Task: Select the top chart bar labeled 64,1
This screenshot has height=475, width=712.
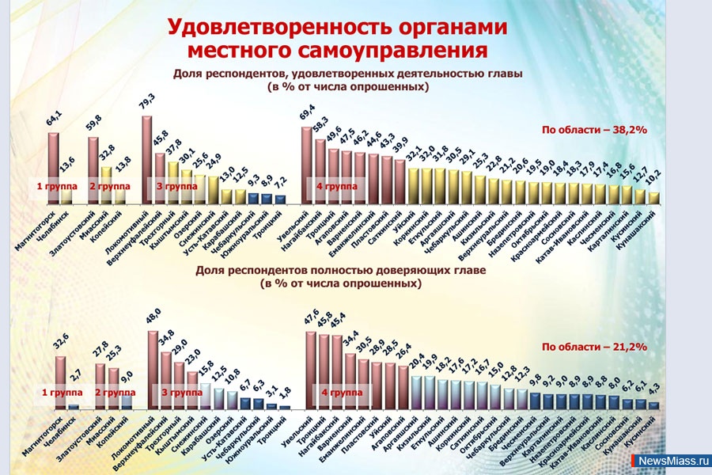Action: (x=54, y=166)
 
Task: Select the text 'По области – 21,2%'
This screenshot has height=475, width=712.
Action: (x=594, y=347)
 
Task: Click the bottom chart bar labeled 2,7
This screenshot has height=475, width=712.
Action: (x=74, y=406)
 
